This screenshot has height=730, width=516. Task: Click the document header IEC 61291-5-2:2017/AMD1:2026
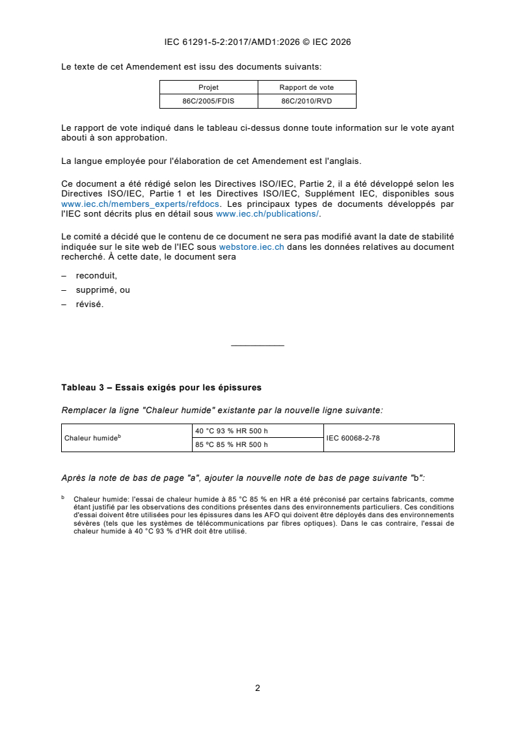click(258, 42)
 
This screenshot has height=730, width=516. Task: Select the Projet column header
click(208, 87)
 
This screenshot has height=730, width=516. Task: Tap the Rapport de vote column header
click(306, 87)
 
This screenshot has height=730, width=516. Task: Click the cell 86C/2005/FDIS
click(208, 101)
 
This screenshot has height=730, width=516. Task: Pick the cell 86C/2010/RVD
click(306, 101)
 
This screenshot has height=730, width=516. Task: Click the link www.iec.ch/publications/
click(267, 213)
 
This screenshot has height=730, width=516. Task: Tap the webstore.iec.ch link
click(251, 247)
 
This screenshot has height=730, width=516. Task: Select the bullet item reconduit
click(96, 275)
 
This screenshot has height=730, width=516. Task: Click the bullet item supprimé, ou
click(103, 290)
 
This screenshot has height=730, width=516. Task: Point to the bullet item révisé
click(89, 304)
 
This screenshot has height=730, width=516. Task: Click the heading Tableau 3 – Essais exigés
click(161, 387)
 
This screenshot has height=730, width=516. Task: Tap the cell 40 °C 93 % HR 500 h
click(232, 431)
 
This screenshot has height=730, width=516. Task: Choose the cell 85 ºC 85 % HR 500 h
click(232, 445)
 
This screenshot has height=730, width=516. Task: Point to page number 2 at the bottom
click(258, 687)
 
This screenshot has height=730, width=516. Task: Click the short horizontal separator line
click(258, 345)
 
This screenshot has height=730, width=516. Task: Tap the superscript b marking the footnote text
click(63, 497)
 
